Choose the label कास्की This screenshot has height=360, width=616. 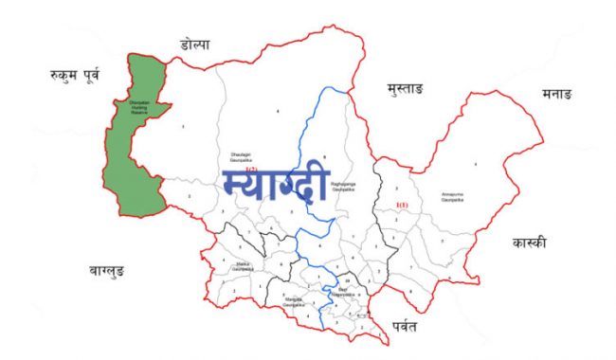(528, 242)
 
